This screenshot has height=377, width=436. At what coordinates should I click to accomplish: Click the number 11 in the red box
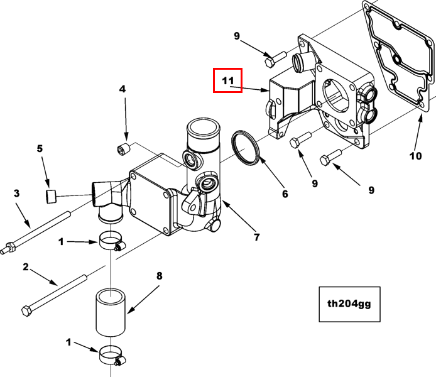point(228,80)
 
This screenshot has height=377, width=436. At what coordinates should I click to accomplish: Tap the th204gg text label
point(349,303)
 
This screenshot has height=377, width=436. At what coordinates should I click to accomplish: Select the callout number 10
point(415,156)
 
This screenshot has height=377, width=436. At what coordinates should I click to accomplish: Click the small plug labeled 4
point(124,149)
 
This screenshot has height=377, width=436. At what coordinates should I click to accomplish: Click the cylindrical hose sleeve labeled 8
point(111,313)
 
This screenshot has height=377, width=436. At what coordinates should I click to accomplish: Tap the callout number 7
point(256,237)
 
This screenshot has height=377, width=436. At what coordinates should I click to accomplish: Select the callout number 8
point(159,276)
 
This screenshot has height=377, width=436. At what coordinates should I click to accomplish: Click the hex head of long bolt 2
point(26,311)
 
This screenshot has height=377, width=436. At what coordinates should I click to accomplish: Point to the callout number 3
point(17,193)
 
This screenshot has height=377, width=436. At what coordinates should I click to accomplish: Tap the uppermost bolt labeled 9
point(275,59)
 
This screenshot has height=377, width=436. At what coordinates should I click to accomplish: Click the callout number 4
point(123,89)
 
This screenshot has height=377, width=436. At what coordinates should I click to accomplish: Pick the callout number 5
point(40,148)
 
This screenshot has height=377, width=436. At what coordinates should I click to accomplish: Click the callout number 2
point(26,267)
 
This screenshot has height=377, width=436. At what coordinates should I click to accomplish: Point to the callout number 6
point(285,194)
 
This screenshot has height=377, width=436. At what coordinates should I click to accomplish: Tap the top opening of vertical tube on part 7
point(203,127)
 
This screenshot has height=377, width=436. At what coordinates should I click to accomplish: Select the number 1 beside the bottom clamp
point(68,342)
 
